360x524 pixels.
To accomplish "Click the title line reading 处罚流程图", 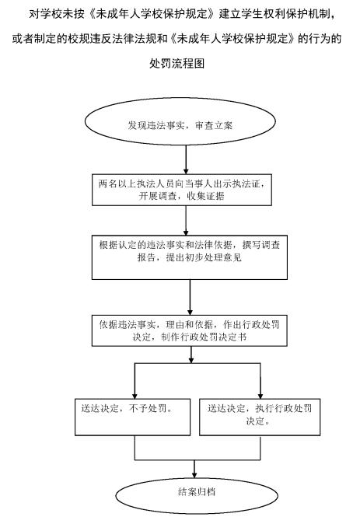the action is pos(177,63).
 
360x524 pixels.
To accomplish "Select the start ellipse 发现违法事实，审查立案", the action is pos(180,121).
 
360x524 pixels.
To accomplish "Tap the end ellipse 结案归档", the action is pos(197,495).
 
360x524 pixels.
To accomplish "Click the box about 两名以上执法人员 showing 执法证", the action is pos(182,190).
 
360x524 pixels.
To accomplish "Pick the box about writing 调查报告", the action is pos(190,257).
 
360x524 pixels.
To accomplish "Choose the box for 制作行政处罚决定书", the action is pos(190,330).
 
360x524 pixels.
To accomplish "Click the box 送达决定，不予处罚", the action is pos(133,417).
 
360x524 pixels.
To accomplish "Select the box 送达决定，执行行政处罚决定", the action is pos(260,417).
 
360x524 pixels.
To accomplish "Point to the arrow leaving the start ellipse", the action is pos(186,159).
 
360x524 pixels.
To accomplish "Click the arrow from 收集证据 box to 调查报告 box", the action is pos(186,221).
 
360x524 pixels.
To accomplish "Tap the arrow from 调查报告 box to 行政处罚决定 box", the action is pos(190,298).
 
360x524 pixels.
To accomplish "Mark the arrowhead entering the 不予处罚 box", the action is pos(135,396).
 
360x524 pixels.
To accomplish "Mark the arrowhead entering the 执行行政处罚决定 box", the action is pos(260,396).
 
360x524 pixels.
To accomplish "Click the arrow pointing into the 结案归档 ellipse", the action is pos(194,470).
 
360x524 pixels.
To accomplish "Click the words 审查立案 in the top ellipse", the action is pos(214,126).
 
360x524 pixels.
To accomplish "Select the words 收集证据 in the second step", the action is pos(205,196).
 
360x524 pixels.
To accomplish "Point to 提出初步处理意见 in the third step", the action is pos(204,257).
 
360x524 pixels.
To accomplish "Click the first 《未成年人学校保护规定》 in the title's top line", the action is pos(152,14).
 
